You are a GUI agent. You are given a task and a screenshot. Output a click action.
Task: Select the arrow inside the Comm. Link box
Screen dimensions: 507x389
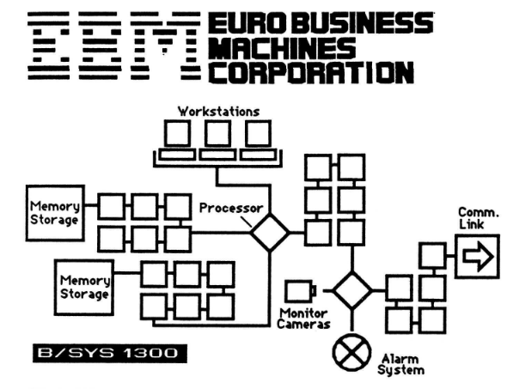pos(479,257)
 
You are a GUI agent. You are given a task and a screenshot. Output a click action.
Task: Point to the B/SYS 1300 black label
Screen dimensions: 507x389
pos(110,353)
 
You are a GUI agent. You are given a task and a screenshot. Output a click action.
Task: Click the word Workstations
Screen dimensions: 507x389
pos(218,112)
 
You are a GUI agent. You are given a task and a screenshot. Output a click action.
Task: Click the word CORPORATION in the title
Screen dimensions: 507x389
pos(311,72)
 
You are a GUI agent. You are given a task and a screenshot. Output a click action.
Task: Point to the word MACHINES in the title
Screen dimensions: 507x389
pos(282,47)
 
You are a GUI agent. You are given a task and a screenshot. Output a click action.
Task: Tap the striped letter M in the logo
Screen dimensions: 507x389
pos(166,46)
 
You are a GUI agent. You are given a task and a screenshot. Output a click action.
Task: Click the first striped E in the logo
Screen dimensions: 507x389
pos(48,46)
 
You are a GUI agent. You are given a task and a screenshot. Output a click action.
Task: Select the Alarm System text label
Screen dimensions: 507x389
pos(400,364)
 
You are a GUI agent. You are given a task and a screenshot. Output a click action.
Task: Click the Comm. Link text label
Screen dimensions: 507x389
pos(479,218)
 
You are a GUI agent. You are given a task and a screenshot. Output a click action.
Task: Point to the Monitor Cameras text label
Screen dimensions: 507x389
pos(303,319)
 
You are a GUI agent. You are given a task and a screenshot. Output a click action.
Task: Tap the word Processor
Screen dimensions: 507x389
pos(231,209)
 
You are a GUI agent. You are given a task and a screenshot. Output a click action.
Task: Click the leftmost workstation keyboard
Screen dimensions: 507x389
pos(177,155)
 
